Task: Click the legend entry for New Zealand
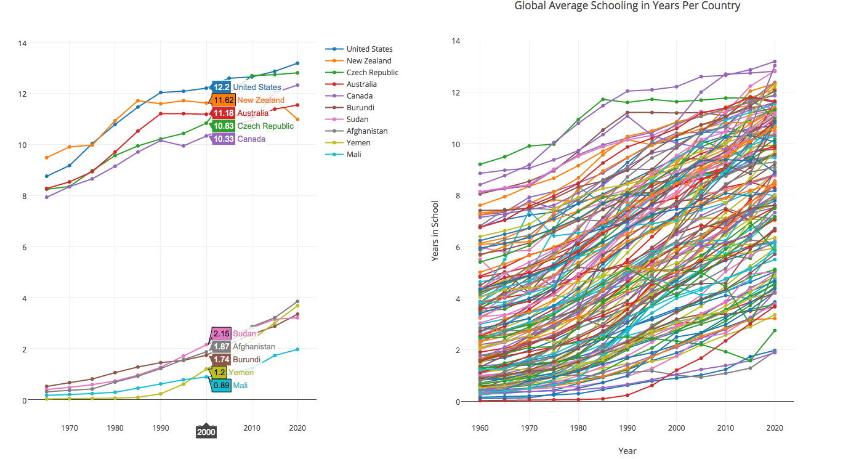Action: pyautogui.click(x=368, y=61)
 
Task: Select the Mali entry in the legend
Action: pyautogui.click(x=353, y=155)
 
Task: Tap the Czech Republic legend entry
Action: pyautogui.click(x=372, y=73)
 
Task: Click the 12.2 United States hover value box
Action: pyautogui.click(x=222, y=87)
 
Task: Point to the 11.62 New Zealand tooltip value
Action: pyautogui.click(x=224, y=100)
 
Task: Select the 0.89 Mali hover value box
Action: pyautogui.click(x=222, y=386)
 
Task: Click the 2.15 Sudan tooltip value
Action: pyautogui.click(x=222, y=333)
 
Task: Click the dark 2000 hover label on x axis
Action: pyautogui.click(x=206, y=433)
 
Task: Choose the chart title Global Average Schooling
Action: pyautogui.click(x=627, y=6)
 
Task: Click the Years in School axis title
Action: pyautogui.click(x=435, y=231)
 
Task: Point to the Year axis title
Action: pyautogui.click(x=627, y=451)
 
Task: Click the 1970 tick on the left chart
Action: pyautogui.click(x=70, y=427)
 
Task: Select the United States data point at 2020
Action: pyautogui.click(x=297, y=63)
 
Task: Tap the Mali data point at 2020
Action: pyautogui.click(x=297, y=349)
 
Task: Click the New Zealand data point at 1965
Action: pyautogui.click(x=47, y=158)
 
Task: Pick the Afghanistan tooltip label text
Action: pyautogui.click(x=254, y=347)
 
